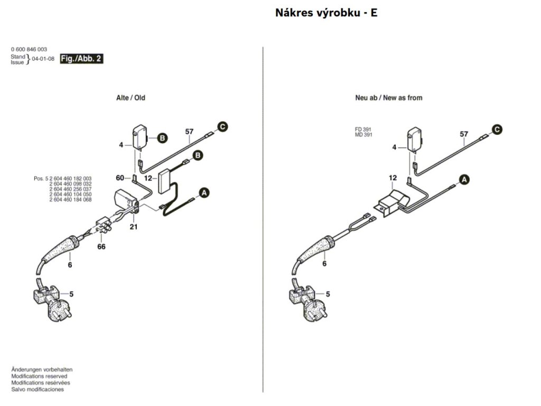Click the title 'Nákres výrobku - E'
(x=326, y=13)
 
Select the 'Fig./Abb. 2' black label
(x=81, y=59)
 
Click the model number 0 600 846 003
(x=29, y=49)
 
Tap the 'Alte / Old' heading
(x=130, y=98)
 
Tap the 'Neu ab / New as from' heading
(x=388, y=98)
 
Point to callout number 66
(x=101, y=246)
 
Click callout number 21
(x=134, y=227)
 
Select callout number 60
(x=120, y=178)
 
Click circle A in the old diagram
(x=204, y=192)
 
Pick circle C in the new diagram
(x=497, y=130)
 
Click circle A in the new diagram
(x=464, y=180)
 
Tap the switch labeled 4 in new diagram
(x=414, y=140)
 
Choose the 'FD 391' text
(x=363, y=130)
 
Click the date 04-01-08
(x=43, y=59)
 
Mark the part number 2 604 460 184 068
(x=70, y=199)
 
